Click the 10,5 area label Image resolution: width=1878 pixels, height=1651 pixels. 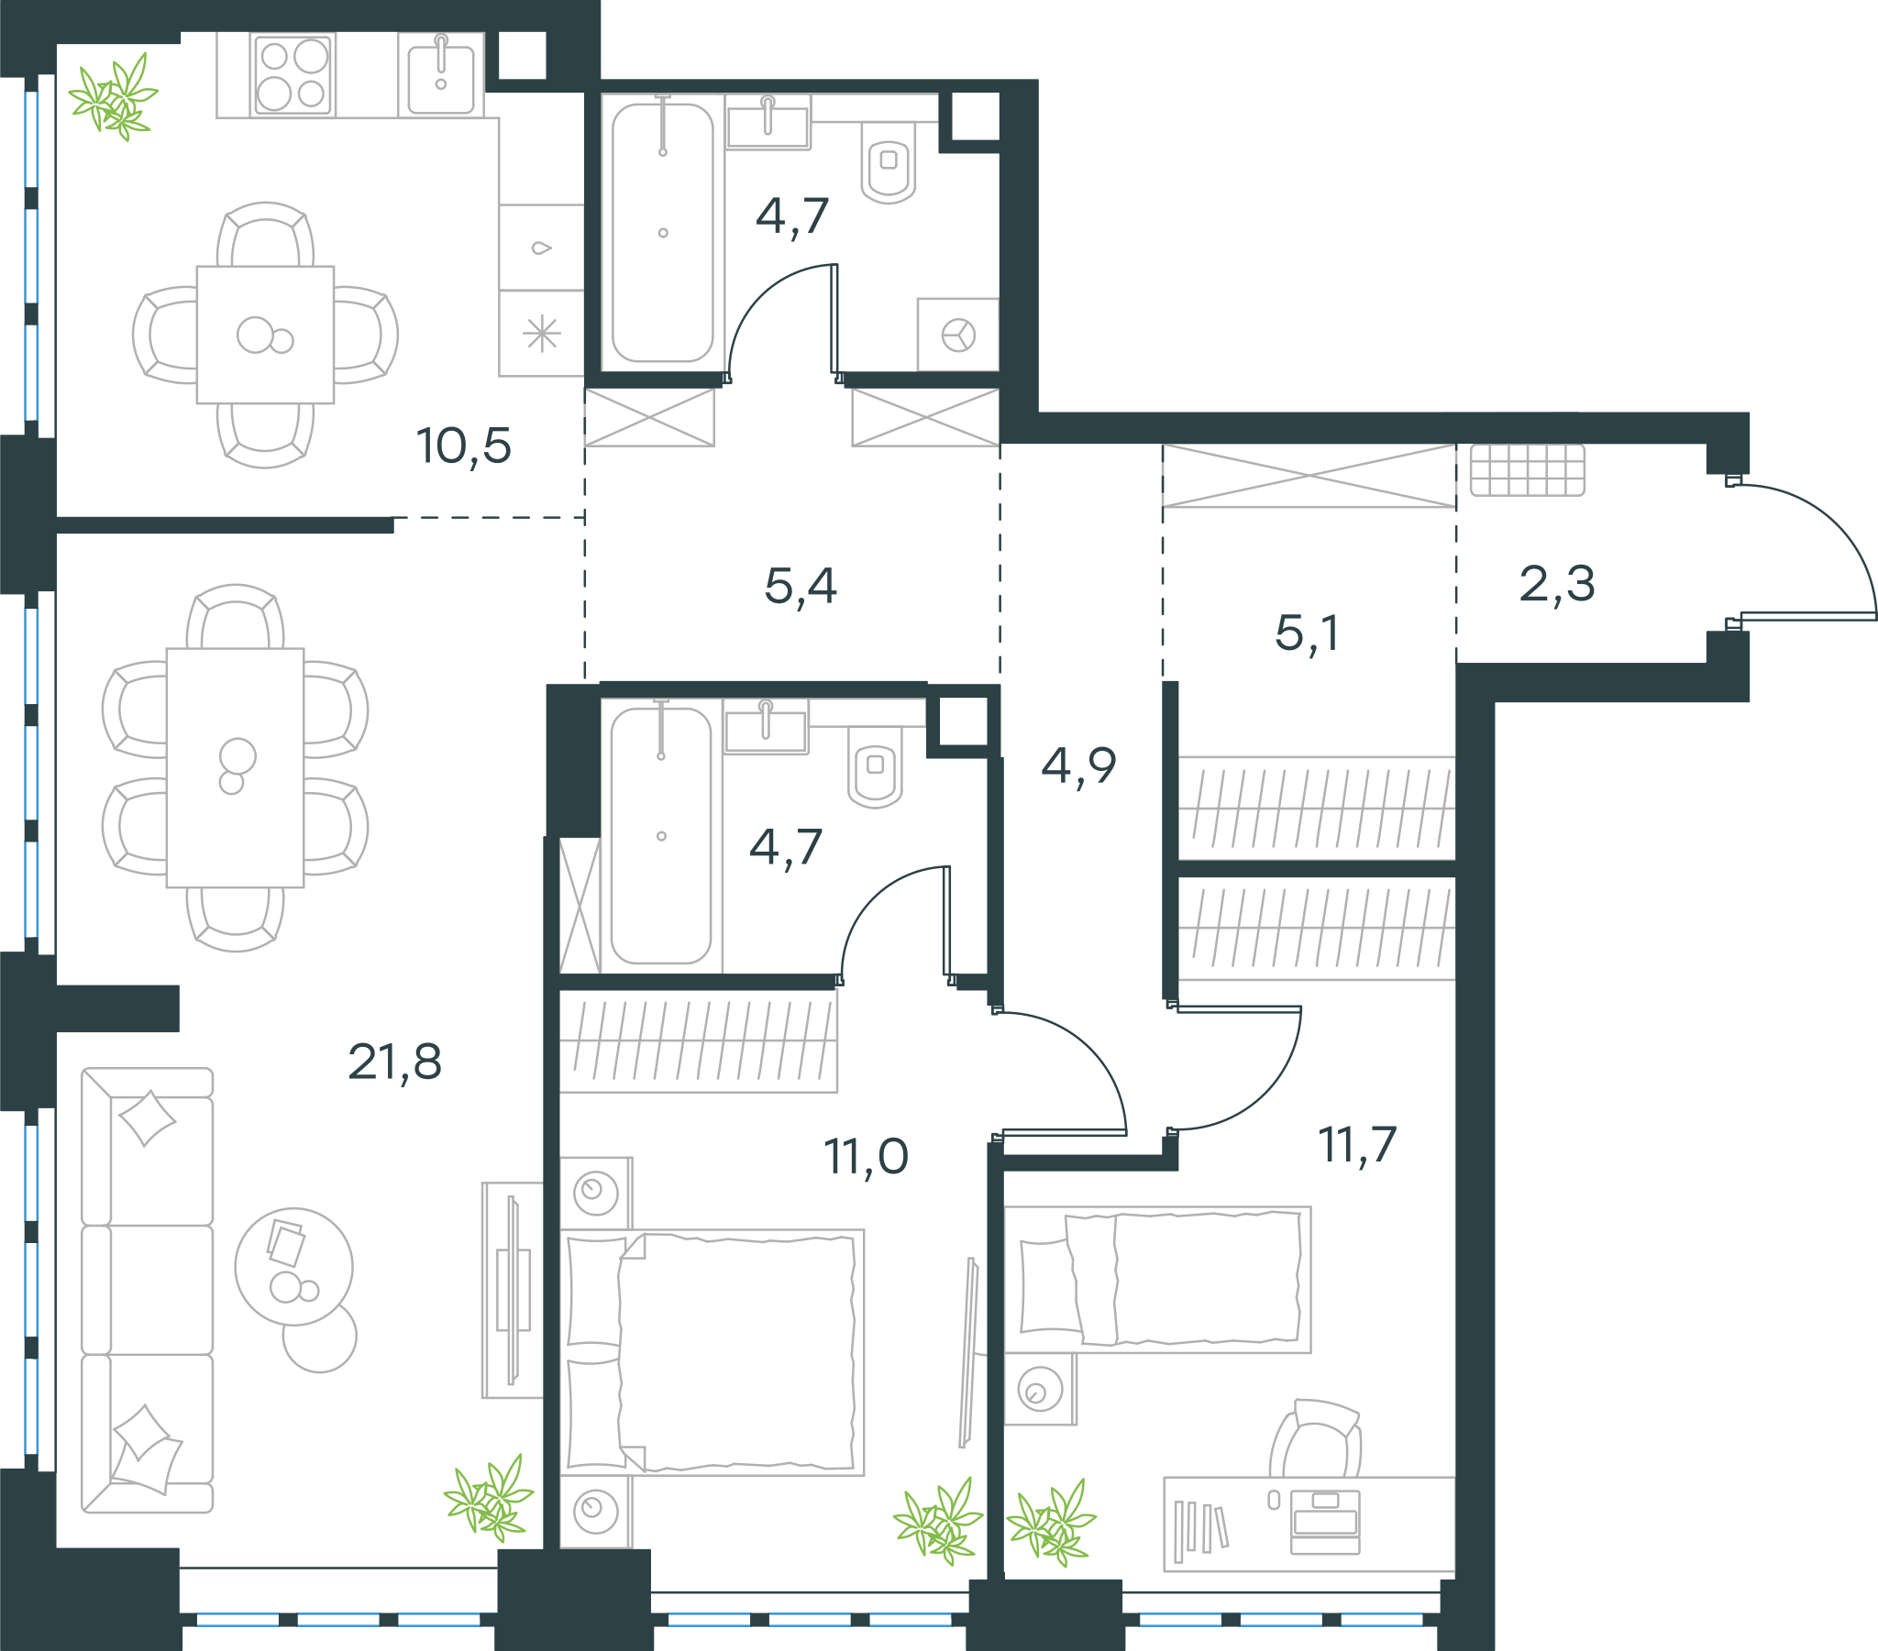[464, 446]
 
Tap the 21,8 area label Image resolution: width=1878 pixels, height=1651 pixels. [395, 1062]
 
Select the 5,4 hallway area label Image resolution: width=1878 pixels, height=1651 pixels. [801, 586]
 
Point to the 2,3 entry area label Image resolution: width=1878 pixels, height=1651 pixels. [1557, 583]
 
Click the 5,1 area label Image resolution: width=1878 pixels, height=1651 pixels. [1307, 633]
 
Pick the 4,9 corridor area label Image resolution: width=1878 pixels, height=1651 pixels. [1078, 765]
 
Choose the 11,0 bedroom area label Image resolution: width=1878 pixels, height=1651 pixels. [867, 1156]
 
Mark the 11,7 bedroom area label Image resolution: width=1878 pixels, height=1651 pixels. [1358, 1145]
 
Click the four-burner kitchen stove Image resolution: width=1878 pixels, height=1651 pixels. [293, 75]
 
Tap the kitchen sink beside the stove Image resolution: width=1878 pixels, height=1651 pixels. [441, 75]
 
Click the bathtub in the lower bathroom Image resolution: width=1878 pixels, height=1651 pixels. [660, 836]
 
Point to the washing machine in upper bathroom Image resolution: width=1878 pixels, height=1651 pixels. [958, 335]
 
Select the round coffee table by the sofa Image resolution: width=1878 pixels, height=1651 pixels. [294, 1267]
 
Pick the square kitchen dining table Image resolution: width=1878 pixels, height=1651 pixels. [266, 335]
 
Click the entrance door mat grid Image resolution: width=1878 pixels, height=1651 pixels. [1527, 470]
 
